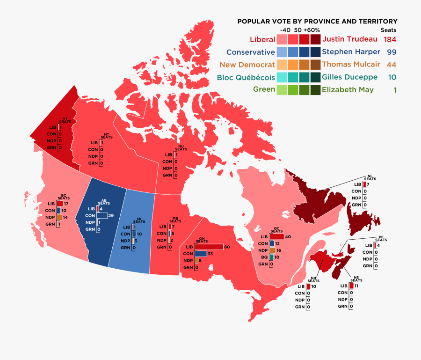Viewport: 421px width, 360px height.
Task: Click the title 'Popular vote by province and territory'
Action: pos(317,22)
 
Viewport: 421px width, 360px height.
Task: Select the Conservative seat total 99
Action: pos(391,51)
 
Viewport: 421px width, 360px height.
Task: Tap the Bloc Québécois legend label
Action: pos(246,77)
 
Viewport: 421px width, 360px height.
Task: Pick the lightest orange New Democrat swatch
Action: pos(282,65)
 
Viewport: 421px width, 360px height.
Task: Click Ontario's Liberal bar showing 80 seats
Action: pos(209,247)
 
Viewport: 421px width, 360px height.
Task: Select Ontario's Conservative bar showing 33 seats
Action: pos(201,254)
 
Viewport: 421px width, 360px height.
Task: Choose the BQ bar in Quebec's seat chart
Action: pos(271,257)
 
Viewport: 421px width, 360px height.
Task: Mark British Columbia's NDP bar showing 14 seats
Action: pos(59,218)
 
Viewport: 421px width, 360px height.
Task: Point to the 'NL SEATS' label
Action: pos(370,178)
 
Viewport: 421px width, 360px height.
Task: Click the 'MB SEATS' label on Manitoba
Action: pos(175,220)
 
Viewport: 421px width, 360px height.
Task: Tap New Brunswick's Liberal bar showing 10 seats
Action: pos(308,286)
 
